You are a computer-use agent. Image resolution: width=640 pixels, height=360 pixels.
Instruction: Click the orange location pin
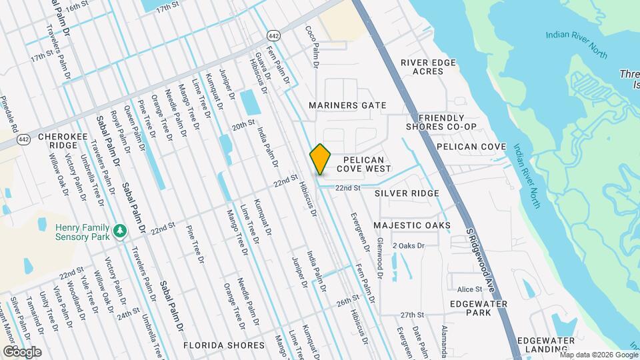321,159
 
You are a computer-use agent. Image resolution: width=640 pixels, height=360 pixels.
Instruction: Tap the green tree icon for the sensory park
120,231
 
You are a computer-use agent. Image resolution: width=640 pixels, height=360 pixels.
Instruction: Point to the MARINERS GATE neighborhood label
347,105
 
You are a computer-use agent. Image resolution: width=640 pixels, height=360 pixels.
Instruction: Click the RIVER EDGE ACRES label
428,67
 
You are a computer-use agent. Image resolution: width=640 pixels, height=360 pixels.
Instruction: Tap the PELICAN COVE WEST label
363,164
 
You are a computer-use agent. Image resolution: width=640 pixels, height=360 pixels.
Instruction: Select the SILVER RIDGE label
407,193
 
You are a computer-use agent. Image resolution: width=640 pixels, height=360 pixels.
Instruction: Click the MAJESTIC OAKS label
411,225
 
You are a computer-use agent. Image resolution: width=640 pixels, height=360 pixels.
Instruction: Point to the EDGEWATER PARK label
479,308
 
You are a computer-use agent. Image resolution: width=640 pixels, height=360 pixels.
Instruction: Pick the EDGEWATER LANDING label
546,345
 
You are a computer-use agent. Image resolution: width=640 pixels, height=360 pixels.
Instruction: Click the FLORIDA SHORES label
224,345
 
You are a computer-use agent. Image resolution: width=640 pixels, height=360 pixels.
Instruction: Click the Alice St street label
469,289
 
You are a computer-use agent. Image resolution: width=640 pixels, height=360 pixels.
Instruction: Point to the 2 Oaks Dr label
408,246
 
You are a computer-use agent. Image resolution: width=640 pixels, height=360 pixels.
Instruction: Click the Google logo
22,351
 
